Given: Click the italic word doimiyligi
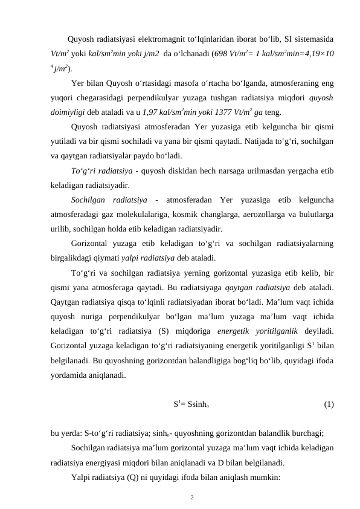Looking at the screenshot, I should (x=68, y=112).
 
